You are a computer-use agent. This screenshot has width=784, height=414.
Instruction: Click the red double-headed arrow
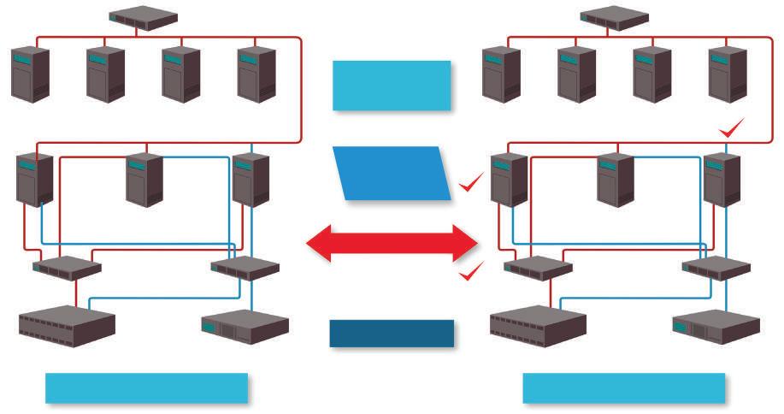(392, 243)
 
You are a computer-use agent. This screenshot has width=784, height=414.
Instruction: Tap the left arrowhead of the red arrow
(321, 243)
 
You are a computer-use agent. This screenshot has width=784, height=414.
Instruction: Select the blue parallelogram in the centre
(394, 174)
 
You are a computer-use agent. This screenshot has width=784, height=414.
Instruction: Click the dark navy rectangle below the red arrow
(392, 334)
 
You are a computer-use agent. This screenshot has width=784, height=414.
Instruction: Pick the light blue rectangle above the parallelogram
(391, 86)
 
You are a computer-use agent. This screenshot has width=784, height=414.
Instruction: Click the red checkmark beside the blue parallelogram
(471, 182)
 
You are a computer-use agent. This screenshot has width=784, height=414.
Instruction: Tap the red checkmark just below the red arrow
(471, 272)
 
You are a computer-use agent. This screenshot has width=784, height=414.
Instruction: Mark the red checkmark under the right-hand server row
(733, 130)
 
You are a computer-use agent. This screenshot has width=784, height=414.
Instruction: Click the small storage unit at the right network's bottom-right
(716, 326)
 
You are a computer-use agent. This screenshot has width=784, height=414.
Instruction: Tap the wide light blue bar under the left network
(146, 387)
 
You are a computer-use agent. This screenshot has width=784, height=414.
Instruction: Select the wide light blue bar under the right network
(623, 387)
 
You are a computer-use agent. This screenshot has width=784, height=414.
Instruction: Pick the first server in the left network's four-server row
(30, 74)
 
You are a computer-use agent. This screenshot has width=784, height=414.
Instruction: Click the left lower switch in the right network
(538, 268)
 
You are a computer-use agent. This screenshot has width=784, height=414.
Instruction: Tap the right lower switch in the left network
(245, 268)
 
